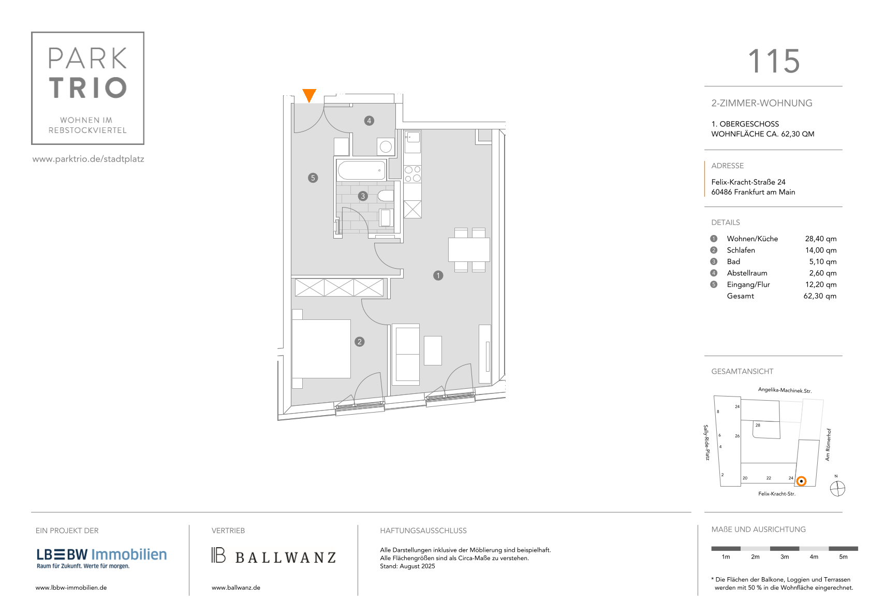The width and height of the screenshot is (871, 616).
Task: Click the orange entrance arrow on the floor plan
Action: (309, 95)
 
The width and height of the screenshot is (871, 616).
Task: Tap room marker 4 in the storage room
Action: (369, 121)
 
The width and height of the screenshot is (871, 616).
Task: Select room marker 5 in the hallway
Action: (313, 178)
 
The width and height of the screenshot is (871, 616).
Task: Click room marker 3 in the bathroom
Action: (363, 196)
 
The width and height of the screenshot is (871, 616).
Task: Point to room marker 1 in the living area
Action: (438, 276)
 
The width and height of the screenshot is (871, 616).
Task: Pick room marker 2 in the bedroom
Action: (359, 342)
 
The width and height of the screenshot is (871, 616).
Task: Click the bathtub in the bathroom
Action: (361, 170)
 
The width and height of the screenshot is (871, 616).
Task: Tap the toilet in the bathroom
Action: (386, 196)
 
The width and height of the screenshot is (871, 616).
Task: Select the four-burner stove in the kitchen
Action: (412, 174)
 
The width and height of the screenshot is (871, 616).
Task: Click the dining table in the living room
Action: (469, 250)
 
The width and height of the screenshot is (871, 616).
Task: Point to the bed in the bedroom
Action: (321, 349)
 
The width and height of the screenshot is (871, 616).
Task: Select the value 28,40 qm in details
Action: (820, 239)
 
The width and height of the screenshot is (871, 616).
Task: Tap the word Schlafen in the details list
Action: (741, 250)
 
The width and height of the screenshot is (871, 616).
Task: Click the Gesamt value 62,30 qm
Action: (820, 296)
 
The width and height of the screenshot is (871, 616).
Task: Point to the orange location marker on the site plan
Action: (801, 481)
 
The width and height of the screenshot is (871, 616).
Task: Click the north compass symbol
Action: (837, 489)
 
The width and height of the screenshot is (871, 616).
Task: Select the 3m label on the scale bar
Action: (784, 557)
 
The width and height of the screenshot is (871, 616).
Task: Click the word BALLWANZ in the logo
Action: (286, 558)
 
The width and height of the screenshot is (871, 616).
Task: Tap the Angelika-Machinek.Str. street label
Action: (785, 390)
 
